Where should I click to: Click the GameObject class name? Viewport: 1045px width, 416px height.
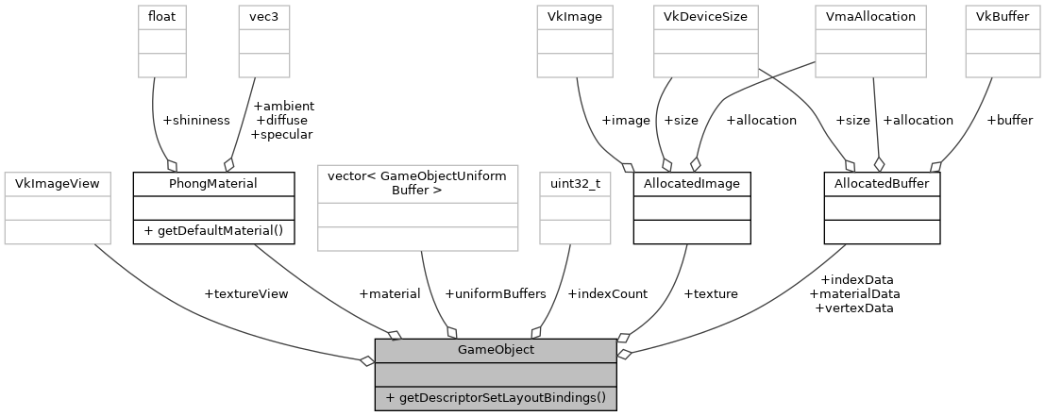coord(496,350)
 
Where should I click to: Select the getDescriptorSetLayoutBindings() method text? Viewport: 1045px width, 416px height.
coord(496,397)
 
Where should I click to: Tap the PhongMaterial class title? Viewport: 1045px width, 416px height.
coord(213,182)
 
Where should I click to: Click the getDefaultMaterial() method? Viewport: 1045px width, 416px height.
coord(213,231)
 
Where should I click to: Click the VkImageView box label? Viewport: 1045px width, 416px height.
coord(59,182)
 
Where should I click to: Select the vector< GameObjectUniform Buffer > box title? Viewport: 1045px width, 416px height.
coord(417,183)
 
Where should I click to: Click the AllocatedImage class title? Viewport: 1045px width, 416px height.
coord(692,182)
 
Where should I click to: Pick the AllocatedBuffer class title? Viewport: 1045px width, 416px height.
coord(882,182)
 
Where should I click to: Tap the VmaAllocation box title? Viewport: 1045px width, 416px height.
coord(870,16)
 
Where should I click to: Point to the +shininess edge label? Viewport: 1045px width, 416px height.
coord(196,120)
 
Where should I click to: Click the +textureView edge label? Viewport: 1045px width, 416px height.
coord(246,293)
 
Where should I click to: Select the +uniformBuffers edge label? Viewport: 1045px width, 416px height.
coord(495,293)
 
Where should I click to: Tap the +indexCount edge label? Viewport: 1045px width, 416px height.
coord(607,293)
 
